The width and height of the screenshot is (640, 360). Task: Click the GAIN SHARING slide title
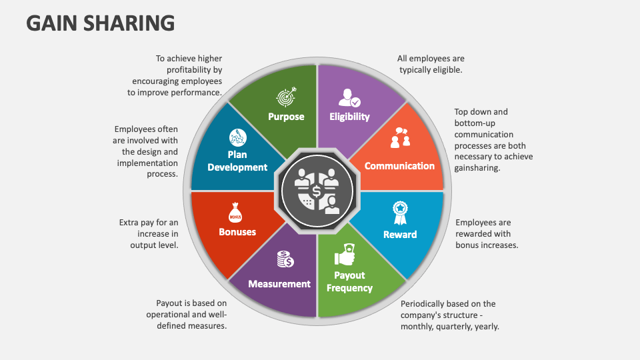point(101,23)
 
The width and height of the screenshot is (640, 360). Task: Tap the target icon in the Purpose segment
point(286,97)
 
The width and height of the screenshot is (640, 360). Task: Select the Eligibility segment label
point(349,117)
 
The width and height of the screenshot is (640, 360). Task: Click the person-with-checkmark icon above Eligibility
point(349,97)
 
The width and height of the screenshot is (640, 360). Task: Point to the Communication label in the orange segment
point(399,166)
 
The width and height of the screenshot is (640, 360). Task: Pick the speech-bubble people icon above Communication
point(400,138)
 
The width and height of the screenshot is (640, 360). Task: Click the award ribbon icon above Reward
point(400,212)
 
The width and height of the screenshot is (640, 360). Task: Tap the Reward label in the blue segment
point(400,235)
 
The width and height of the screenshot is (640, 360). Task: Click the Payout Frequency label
point(349,281)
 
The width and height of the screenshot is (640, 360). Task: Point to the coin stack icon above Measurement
point(286,259)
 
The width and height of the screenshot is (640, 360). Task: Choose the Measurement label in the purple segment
point(279,284)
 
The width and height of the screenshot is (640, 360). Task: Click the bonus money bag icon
point(235,212)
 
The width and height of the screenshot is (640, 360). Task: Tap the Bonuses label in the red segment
point(237,232)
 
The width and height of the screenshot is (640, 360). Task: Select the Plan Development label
point(237,161)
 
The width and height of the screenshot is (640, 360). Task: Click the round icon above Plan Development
point(237,138)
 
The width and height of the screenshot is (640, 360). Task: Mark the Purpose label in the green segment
point(286,117)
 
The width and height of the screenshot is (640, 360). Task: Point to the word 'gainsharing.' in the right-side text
point(477,168)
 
